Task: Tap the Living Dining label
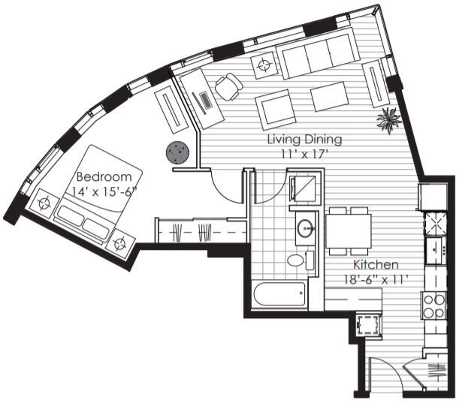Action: point(305,140)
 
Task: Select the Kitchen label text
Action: point(376,265)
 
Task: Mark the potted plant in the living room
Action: point(389,119)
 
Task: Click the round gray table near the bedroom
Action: point(177,153)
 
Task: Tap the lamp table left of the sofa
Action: point(264,66)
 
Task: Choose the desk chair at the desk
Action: point(228,87)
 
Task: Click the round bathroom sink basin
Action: point(306,229)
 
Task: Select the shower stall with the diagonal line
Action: point(306,189)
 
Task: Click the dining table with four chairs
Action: point(348,230)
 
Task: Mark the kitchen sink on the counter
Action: point(433,248)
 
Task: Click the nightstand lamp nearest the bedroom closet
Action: point(120,242)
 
